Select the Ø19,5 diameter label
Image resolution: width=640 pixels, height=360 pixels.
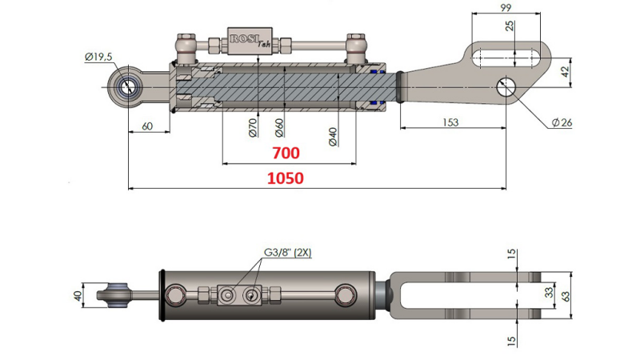point(98,56)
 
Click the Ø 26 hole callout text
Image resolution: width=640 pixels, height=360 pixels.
point(564,122)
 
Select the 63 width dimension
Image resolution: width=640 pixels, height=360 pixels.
point(566,295)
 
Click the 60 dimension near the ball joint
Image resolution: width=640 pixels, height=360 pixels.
point(147,126)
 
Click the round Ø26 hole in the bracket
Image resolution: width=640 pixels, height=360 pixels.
point(506,87)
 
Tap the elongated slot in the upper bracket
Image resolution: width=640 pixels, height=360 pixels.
point(506,58)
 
